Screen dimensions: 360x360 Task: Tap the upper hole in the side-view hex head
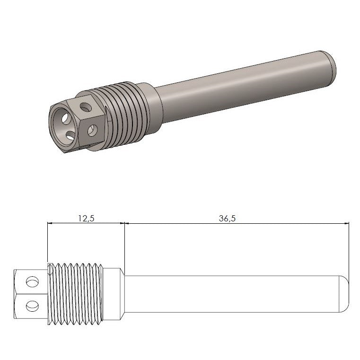click(32, 282)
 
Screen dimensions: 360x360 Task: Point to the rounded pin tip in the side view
click(344, 294)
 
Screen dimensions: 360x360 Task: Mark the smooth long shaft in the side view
click(232, 294)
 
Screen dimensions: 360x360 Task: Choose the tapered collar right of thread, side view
click(114, 294)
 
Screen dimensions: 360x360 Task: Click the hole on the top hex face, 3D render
click(86, 106)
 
